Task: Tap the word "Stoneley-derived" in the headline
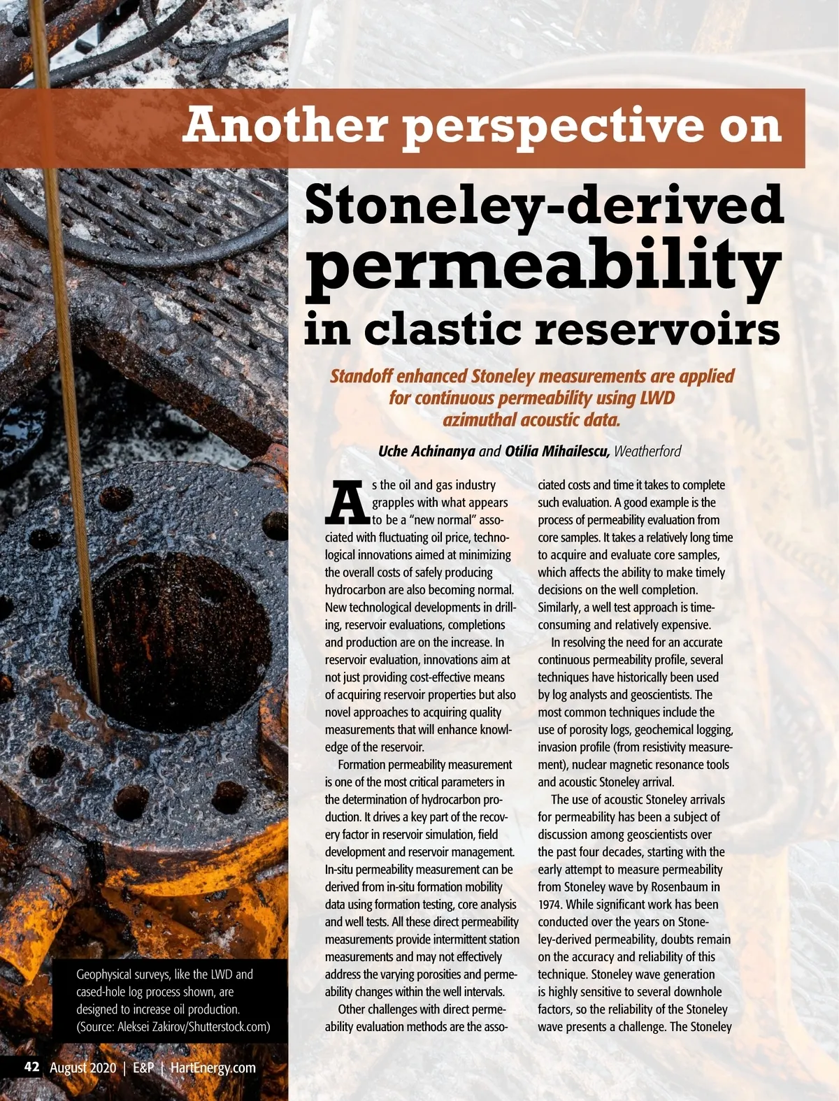[544, 204]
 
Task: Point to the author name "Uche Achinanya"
[426, 452]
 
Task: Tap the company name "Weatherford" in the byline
[647, 452]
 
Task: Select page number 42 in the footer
[31, 1067]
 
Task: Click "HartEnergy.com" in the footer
[213, 1068]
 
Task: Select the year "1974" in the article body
[550, 905]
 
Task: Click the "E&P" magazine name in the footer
[143, 1068]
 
